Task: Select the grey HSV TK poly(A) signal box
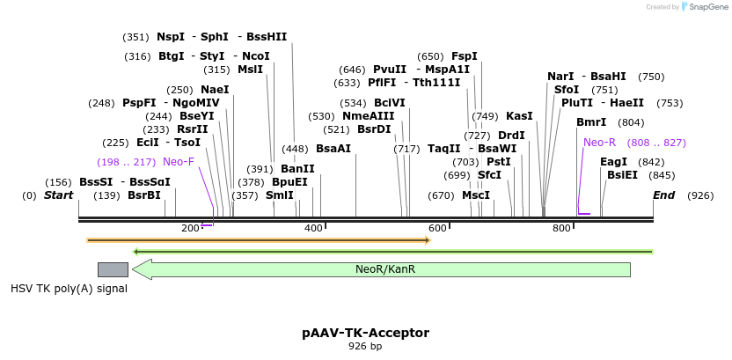point(113,269)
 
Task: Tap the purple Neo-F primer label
point(179,162)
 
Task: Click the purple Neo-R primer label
point(599,143)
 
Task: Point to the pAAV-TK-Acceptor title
point(365,333)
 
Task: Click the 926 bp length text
point(365,347)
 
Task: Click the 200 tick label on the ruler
point(191,229)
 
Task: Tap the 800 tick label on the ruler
point(561,229)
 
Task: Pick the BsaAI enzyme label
point(333,149)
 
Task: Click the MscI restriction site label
point(476,195)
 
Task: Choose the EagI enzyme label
point(613,162)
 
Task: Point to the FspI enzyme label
point(465,56)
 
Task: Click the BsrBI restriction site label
point(144,195)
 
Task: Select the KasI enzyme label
point(519,116)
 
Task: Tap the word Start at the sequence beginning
point(59,195)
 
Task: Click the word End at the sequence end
point(664,195)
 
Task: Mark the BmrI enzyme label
point(591,122)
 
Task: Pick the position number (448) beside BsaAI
point(295,149)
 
